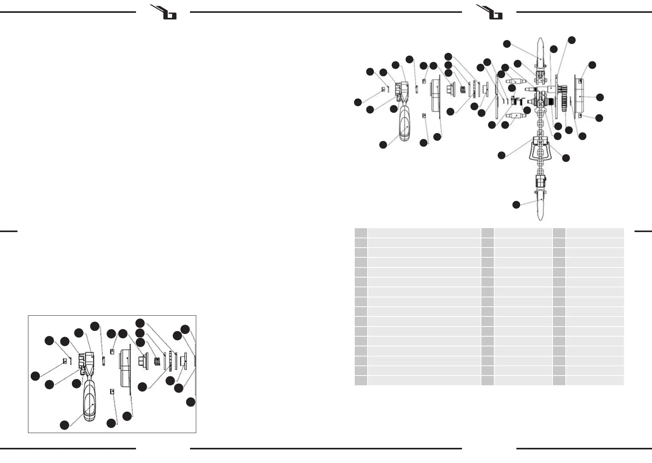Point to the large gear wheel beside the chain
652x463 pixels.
564,102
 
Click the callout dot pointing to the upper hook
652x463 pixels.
507,44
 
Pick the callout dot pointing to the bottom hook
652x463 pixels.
516,205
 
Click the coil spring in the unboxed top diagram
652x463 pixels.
463,89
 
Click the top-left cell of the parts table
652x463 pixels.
361,233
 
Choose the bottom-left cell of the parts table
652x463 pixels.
361,380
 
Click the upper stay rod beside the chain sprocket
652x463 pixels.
515,81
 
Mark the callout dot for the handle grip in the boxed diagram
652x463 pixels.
65,425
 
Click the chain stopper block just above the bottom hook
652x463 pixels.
540,180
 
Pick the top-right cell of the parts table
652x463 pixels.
594,233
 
